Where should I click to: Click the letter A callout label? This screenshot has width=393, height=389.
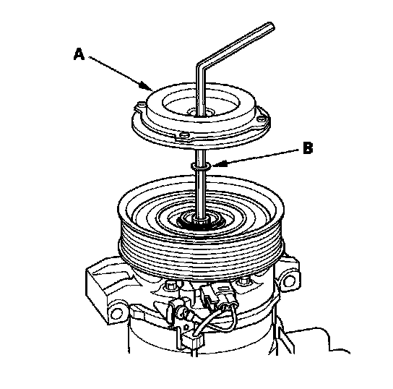point(79,54)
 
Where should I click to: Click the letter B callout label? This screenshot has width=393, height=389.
point(308,148)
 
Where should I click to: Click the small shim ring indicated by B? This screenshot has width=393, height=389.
point(201,166)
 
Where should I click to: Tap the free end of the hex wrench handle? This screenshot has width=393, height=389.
point(271,26)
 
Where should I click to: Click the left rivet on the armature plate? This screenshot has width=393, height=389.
point(142,104)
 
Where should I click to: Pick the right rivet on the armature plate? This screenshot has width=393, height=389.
point(262,118)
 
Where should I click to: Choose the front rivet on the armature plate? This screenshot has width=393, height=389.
point(184,135)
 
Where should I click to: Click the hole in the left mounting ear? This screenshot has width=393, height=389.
point(116,313)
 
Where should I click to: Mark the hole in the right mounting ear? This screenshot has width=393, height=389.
point(289,281)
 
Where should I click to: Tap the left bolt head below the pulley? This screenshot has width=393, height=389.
point(170,284)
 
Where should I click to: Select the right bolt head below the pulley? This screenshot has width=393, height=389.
point(244,281)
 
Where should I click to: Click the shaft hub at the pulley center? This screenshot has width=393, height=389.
point(200,221)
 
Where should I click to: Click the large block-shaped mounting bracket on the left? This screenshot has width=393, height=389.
point(105,283)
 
